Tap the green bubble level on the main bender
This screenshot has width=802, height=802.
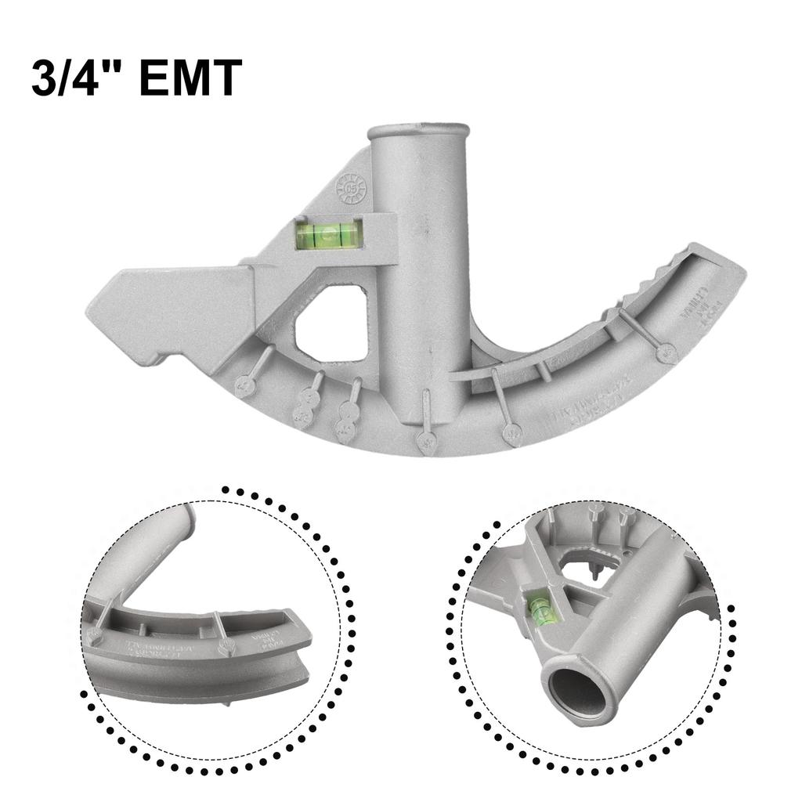tap(329, 233)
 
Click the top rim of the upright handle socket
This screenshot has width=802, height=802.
tap(418, 130)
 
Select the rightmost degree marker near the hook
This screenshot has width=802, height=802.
tap(667, 352)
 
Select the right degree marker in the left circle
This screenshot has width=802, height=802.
tap(226, 647)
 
